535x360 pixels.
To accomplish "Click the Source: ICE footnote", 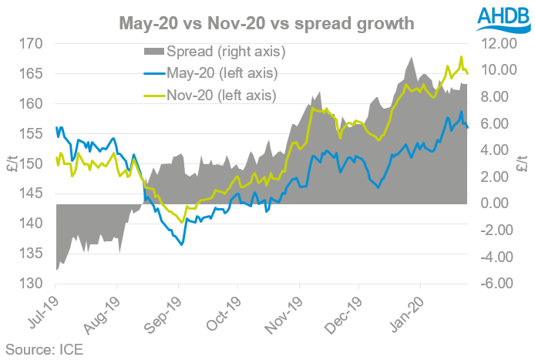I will (44, 348).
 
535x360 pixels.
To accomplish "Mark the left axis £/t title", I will (10, 163).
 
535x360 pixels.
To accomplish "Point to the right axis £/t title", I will (523, 163).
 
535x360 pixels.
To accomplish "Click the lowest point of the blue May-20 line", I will (182, 245).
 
